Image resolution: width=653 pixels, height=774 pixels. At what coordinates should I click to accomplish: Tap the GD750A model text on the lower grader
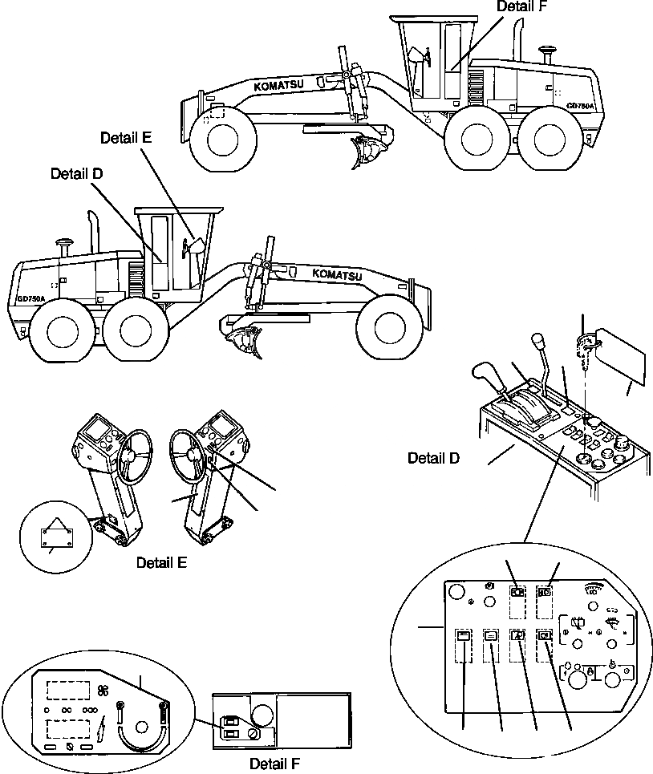30,298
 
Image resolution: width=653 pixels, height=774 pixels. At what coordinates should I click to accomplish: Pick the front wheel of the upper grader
220,142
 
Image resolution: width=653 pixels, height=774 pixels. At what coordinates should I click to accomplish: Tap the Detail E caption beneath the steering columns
161,562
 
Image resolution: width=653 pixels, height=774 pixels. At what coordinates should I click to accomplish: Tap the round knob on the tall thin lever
537,344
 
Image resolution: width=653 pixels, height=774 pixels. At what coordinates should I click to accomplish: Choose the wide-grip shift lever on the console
487,374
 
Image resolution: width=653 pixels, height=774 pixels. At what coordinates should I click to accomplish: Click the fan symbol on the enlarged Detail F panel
102,690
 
